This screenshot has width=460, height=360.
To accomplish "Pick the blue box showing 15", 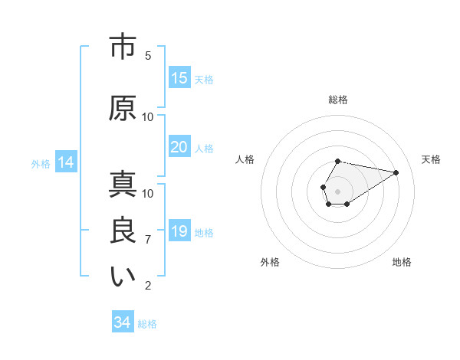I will (179, 78).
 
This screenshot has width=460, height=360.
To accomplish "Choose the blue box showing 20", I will (179, 147).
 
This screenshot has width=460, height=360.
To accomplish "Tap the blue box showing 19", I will (179, 231).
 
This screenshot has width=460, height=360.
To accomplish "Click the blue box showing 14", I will (65, 162).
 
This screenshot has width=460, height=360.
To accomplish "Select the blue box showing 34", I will (123, 322).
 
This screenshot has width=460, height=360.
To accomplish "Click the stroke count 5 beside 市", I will (148, 55).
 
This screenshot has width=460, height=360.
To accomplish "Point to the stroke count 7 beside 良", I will (148, 240).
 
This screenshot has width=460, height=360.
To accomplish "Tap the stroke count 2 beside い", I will (148, 286).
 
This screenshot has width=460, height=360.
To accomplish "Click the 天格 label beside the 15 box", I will (204, 80).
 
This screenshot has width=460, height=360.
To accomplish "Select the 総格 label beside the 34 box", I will (147, 324).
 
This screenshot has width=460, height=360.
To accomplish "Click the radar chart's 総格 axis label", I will (338, 100).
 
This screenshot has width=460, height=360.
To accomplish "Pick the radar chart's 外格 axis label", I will (270, 262).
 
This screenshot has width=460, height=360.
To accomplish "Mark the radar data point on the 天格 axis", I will (396, 172).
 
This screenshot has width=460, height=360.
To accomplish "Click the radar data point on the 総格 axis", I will (338, 162).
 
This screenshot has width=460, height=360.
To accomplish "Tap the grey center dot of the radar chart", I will (338, 190).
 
